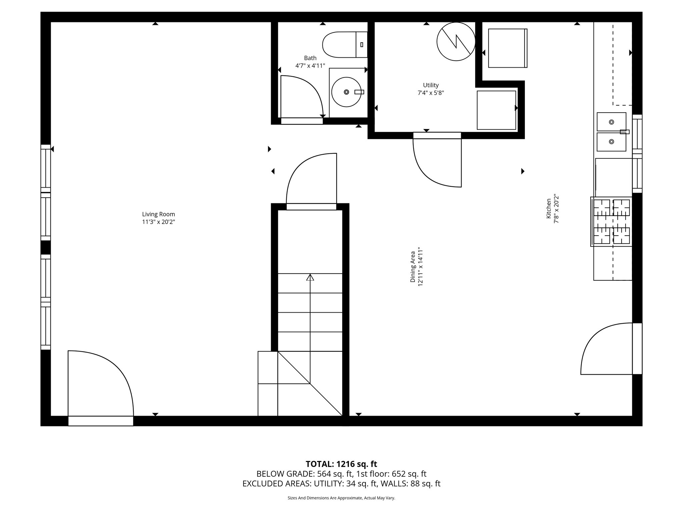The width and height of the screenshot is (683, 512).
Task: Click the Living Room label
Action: point(158,214)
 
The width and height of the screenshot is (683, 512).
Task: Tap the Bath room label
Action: point(310,58)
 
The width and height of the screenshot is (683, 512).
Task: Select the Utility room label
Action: point(431,85)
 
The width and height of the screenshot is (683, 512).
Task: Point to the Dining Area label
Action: point(413,267)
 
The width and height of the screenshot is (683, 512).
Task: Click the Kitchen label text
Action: point(549,209)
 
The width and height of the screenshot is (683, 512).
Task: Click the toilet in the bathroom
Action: point(344,44)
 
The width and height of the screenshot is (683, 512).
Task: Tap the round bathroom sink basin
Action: point(347,92)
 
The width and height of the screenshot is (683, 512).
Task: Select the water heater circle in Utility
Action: point(456,42)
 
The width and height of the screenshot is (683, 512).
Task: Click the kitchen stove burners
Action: point(612,222)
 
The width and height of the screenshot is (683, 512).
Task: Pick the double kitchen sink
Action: point(611,132)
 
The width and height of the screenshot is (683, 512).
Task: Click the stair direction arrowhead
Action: point(310,277)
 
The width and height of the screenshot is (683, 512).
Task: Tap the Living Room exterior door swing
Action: point(100,383)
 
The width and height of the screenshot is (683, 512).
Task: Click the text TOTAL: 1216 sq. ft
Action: point(341,464)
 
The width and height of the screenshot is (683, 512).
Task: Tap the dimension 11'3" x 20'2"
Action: point(158,222)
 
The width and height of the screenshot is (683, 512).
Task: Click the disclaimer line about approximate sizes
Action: point(341,498)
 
